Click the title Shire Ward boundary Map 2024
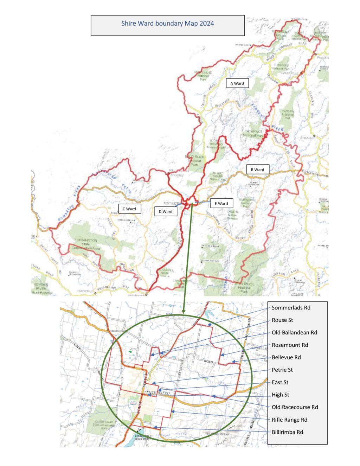point(167,24)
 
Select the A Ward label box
point(237,83)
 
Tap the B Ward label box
point(257,170)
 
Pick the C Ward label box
point(129,209)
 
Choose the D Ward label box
point(165,212)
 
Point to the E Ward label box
point(221,203)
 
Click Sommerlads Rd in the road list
point(291,308)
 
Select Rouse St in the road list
point(282,320)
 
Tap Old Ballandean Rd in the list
point(294,332)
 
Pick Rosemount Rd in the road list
point(290,345)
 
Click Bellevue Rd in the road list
point(286,357)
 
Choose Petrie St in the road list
point(282,370)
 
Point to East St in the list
point(280,382)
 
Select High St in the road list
point(280,395)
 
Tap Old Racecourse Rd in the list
point(295,407)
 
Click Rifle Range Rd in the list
point(289,420)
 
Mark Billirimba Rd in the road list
point(287,432)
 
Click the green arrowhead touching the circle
point(183,312)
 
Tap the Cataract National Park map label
point(253,133)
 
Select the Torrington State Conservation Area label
point(86,244)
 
